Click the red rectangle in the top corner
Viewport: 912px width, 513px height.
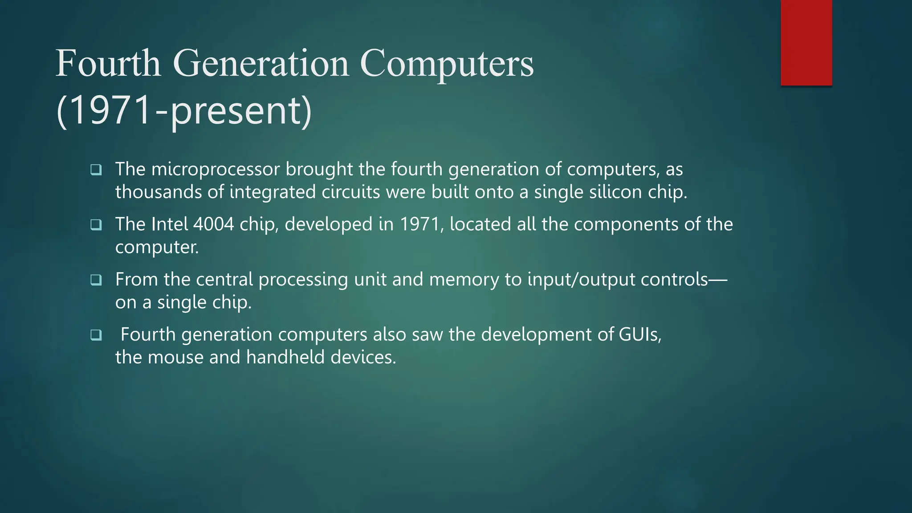coord(806,43)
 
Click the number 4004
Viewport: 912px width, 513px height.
coord(214,224)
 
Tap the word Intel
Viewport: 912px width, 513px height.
coord(170,224)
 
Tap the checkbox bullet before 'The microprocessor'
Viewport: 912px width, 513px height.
coord(96,170)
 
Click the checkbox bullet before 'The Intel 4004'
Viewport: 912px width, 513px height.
coord(96,225)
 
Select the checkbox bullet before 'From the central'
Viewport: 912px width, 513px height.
coord(96,280)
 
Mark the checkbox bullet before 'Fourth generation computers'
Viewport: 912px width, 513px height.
coord(96,335)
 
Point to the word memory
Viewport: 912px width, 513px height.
coord(464,280)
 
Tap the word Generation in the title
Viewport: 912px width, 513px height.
coord(261,63)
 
